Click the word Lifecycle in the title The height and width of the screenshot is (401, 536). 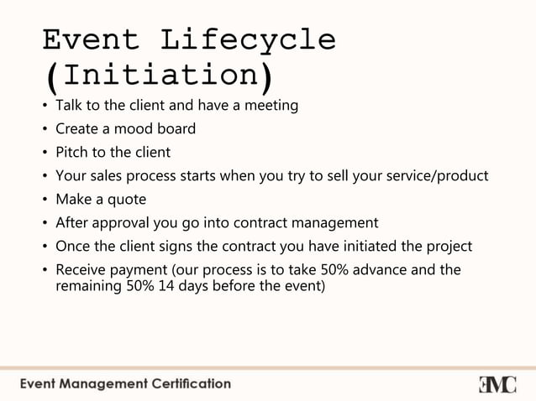click(248, 39)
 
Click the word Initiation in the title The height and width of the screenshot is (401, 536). click(159, 76)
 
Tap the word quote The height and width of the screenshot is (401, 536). click(126, 200)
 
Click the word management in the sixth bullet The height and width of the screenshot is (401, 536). click(334, 223)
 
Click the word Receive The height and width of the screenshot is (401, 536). click(81, 270)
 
